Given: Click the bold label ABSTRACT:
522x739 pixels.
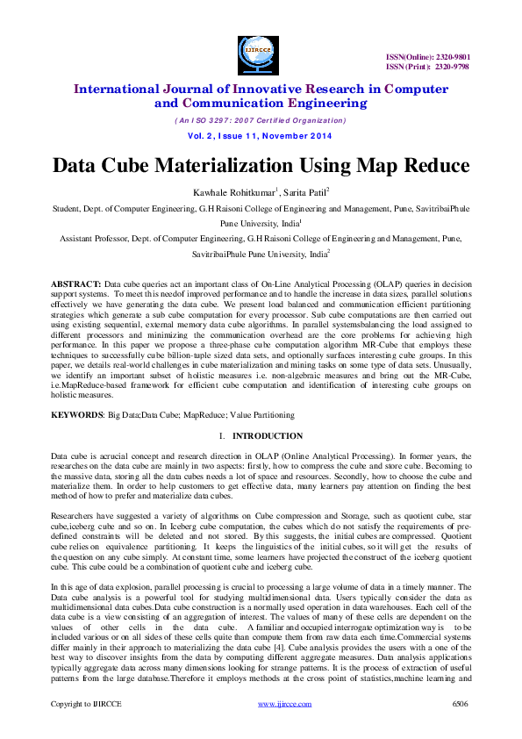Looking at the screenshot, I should point(75,286).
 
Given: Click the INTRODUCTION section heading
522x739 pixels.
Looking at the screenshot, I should point(268,436).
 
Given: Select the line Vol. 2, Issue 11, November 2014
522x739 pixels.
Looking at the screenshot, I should point(261,137).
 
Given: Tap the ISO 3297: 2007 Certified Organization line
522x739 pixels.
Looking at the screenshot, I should point(261,120).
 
